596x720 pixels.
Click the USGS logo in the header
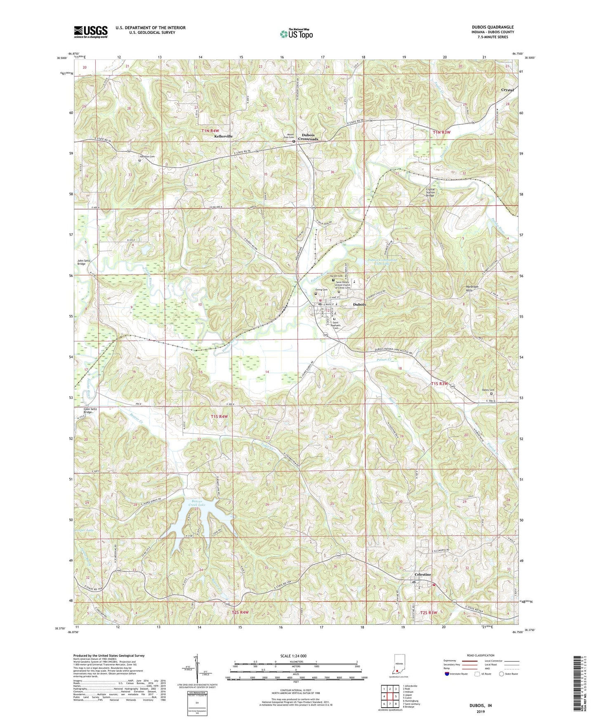click(x=91, y=31)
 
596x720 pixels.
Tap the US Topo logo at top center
click(x=296, y=34)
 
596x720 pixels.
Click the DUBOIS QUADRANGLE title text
click(x=493, y=27)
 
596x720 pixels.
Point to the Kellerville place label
click(x=224, y=136)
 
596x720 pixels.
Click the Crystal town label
click(x=507, y=90)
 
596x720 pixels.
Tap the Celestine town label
click(x=423, y=574)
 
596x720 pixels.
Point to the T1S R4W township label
click(x=219, y=416)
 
